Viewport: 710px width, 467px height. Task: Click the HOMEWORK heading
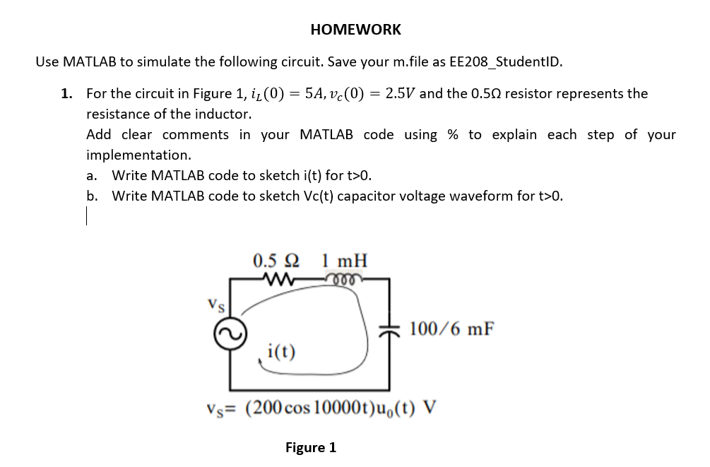point(355,30)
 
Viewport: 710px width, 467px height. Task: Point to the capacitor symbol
point(388,329)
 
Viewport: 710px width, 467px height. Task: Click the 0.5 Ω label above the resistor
point(275,259)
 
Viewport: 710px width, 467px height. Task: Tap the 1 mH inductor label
point(345,259)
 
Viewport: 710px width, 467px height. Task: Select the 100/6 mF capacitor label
point(451,329)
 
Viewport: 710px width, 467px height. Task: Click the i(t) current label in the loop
point(282,350)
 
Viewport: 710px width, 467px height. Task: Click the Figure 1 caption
point(311,447)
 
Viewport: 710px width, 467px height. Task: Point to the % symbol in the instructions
point(453,134)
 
